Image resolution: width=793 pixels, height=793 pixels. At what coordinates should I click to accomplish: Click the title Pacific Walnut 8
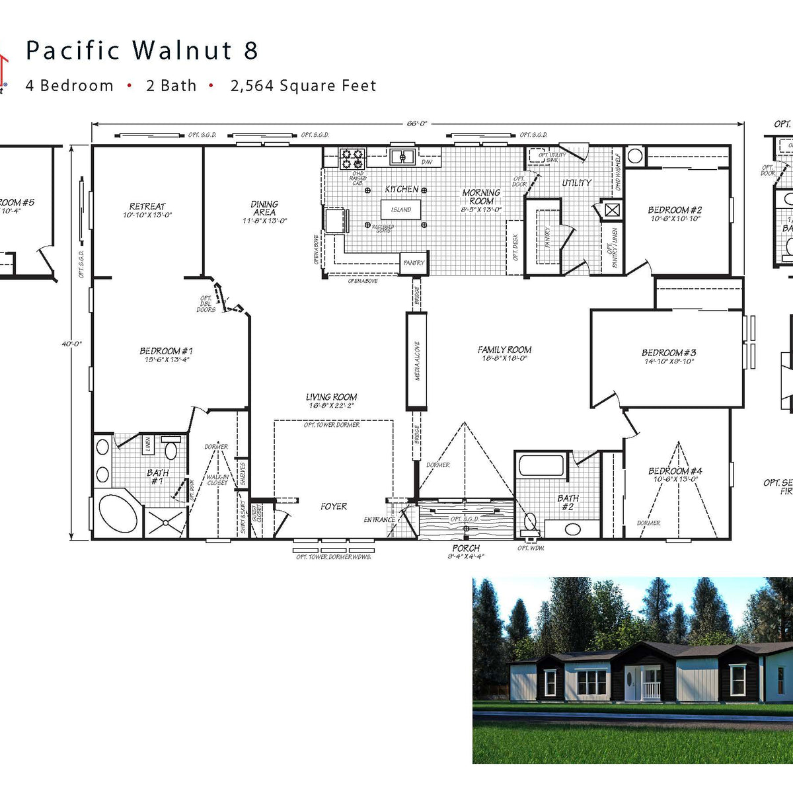pos(141,51)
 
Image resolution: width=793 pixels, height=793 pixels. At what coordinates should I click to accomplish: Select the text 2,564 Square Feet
pos(303,86)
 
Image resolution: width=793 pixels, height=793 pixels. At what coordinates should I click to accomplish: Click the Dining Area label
pos(264,208)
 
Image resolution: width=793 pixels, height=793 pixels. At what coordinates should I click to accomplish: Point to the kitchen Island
pos(400,210)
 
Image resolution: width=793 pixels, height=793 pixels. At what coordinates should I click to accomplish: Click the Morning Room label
pos(481,197)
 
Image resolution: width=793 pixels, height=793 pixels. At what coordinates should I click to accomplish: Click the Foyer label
pos(334,506)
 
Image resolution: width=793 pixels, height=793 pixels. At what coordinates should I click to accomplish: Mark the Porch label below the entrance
pos(466,548)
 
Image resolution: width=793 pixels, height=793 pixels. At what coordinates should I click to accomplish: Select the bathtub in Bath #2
pos(541,465)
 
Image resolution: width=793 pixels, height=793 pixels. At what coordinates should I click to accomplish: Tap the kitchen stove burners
pos(352,159)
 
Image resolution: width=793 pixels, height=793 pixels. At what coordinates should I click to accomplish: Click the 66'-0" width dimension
pos(417,124)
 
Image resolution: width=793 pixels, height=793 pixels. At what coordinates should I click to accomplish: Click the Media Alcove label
pos(417,361)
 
